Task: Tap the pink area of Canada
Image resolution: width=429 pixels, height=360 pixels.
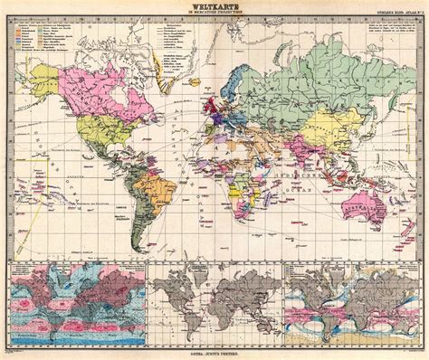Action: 91,86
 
